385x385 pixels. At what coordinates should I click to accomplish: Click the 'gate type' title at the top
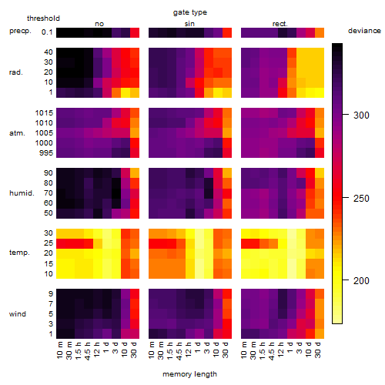pos(190,12)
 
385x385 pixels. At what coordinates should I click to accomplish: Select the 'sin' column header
pos(189,24)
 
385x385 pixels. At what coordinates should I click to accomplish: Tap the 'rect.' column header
pos(280,24)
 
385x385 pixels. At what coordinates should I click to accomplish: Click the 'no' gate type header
pos(99,24)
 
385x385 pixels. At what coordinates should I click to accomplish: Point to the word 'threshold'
pos(43,18)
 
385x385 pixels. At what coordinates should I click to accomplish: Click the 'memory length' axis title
pos(189,374)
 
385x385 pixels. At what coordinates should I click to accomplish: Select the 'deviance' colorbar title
pos(364,31)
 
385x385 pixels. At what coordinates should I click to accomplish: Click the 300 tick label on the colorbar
pos(361,115)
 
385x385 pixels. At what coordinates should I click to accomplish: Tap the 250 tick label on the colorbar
pos(361,199)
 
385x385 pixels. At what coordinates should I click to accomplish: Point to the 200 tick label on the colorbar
pos(361,281)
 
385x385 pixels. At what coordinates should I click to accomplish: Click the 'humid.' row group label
pos(22,193)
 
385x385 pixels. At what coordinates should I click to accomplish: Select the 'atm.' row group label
pos(17,133)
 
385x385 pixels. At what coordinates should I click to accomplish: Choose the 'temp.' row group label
pos(19,253)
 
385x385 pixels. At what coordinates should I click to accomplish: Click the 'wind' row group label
pos(18,314)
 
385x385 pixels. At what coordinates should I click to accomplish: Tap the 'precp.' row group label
pos(20,31)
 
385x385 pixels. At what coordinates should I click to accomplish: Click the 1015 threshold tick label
pos(44,113)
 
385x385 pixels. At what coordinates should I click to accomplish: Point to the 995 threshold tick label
pos(46,153)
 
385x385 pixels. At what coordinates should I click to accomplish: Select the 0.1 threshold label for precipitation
pos(47,32)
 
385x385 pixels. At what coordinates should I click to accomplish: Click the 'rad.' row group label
pos(16,72)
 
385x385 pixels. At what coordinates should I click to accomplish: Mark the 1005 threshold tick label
pos(44,133)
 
